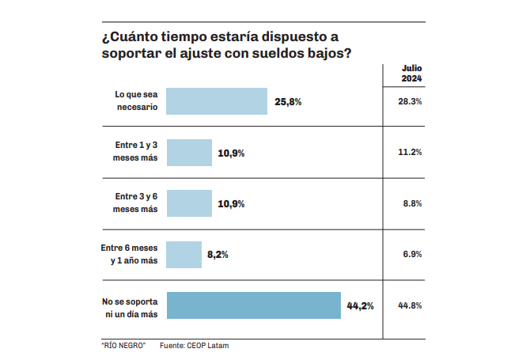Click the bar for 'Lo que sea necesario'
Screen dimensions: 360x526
click(x=217, y=101)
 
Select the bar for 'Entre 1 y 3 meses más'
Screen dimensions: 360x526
click(x=189, y=152)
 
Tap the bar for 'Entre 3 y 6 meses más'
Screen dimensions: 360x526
click(x=189, y=203)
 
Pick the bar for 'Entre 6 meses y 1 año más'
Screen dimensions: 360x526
click(x=184, y=254)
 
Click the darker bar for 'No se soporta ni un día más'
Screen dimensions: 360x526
click(x=253, y=305)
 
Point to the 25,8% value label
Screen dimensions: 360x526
click(x=289, y=102)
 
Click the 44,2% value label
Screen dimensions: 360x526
click(x=360, y=305)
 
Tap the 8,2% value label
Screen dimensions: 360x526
click(x=218, y=255)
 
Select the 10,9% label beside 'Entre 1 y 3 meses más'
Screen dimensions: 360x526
click(x=231, y=153)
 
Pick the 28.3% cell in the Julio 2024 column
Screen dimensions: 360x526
click(x=411, y=102)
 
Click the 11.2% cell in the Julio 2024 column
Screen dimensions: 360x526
click(x=411, y=153)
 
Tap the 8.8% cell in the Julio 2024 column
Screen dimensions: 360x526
click(x=412, y=203)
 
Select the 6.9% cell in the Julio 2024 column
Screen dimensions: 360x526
click(x=412, y=254)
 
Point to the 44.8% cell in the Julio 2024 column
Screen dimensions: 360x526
click(x=411, y=305)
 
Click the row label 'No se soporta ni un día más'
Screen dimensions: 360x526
click(x=130, y=308)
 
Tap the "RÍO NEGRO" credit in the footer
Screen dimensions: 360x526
click(x=124, y=346)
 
